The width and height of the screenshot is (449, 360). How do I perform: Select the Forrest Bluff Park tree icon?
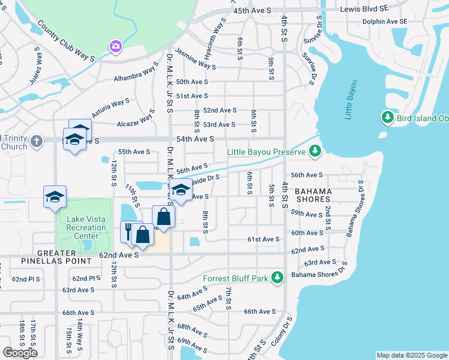click(x=277, y=278)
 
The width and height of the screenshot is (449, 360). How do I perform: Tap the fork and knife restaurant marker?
click(x=129, y=230)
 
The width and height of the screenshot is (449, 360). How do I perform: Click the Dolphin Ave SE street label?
click(x=384, y=22)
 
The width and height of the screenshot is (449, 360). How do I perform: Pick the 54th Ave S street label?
click(x=194, y=139)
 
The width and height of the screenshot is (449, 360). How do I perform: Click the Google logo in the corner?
click(x=20, y=353)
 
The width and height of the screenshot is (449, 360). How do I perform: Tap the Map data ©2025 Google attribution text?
click(x=411, y=355)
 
